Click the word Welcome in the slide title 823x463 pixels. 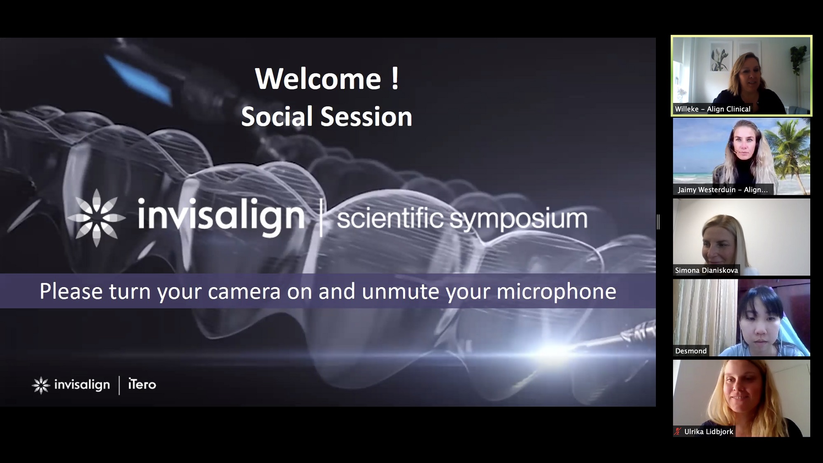click(x=318, y=79)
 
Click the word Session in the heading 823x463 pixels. click(x=366, y=117)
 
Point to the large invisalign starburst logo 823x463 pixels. click(x=96, y=217)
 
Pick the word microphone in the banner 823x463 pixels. click(x=556, y=291)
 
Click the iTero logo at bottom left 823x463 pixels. click(x=142, y=384)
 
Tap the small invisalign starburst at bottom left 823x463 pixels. click(x=41, y=385)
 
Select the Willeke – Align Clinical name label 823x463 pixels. click(x=713, y=109)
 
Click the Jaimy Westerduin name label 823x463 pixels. click(x=723, y=190)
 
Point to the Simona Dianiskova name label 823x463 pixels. click(x=706, y=271)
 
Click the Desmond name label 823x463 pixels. click(x=691, y=351)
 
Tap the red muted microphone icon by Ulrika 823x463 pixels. click(x=678, y=432)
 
